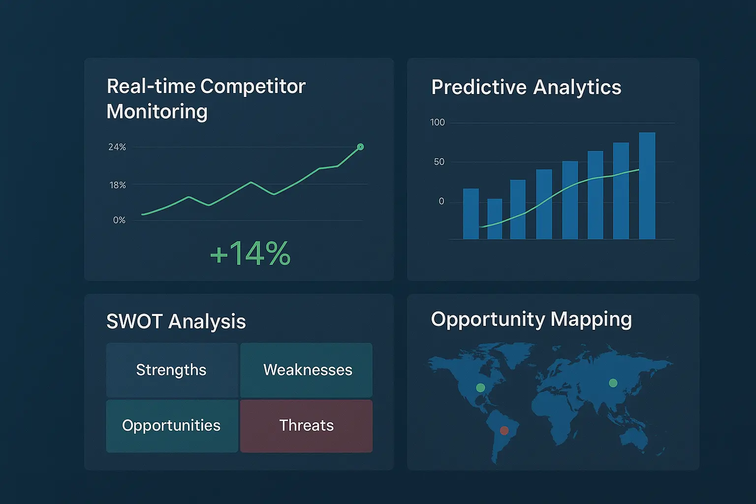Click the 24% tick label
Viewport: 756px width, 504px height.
click(117, 147)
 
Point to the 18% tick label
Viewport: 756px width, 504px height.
click(118, 186)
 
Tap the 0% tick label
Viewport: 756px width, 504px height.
click(119, 220)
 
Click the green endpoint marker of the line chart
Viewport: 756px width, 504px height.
click(360, 147)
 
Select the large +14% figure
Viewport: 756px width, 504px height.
click(250, 253)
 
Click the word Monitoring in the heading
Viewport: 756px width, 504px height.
click(157, 112)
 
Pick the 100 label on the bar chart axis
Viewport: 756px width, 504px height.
click(438, 122)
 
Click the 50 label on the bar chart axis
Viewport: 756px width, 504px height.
click(439, 162)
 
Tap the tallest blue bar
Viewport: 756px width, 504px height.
click(647, 186)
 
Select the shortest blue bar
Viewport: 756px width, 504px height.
click(495, 219)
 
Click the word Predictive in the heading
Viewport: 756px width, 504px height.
click(479, 87)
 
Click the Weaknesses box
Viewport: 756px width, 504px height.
click(307, 370)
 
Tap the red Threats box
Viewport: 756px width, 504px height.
click(307, 426)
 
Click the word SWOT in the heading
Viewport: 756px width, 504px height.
click(135, 321)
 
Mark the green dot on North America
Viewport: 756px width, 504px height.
click(480, 387)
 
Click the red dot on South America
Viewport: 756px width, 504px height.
click(504, 430)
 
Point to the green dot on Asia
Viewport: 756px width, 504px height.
click(613, 383)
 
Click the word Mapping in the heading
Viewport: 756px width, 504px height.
click(591, 320)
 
